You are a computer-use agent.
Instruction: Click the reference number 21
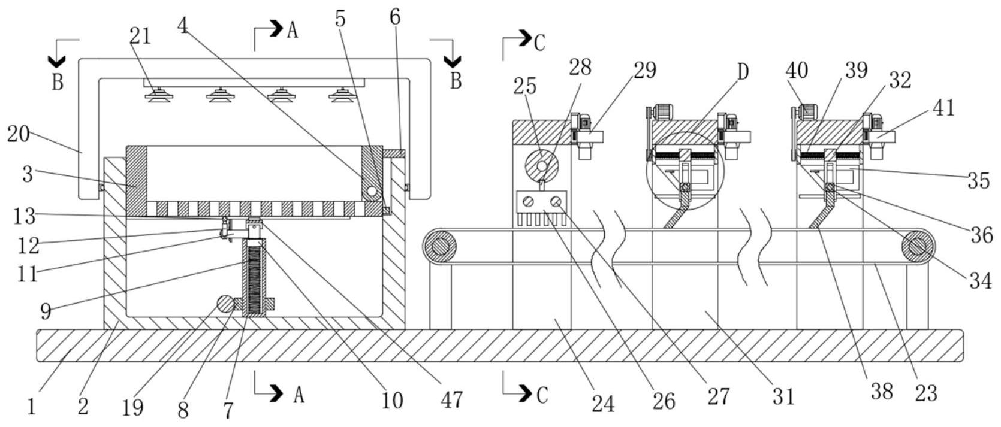point(140,37)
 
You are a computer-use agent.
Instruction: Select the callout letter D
point(743,72)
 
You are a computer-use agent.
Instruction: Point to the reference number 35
point(978,180)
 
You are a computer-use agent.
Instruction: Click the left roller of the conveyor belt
point(441,246)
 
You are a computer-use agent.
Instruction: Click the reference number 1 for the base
point(32,407)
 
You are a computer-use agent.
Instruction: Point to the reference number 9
point(46,311)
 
